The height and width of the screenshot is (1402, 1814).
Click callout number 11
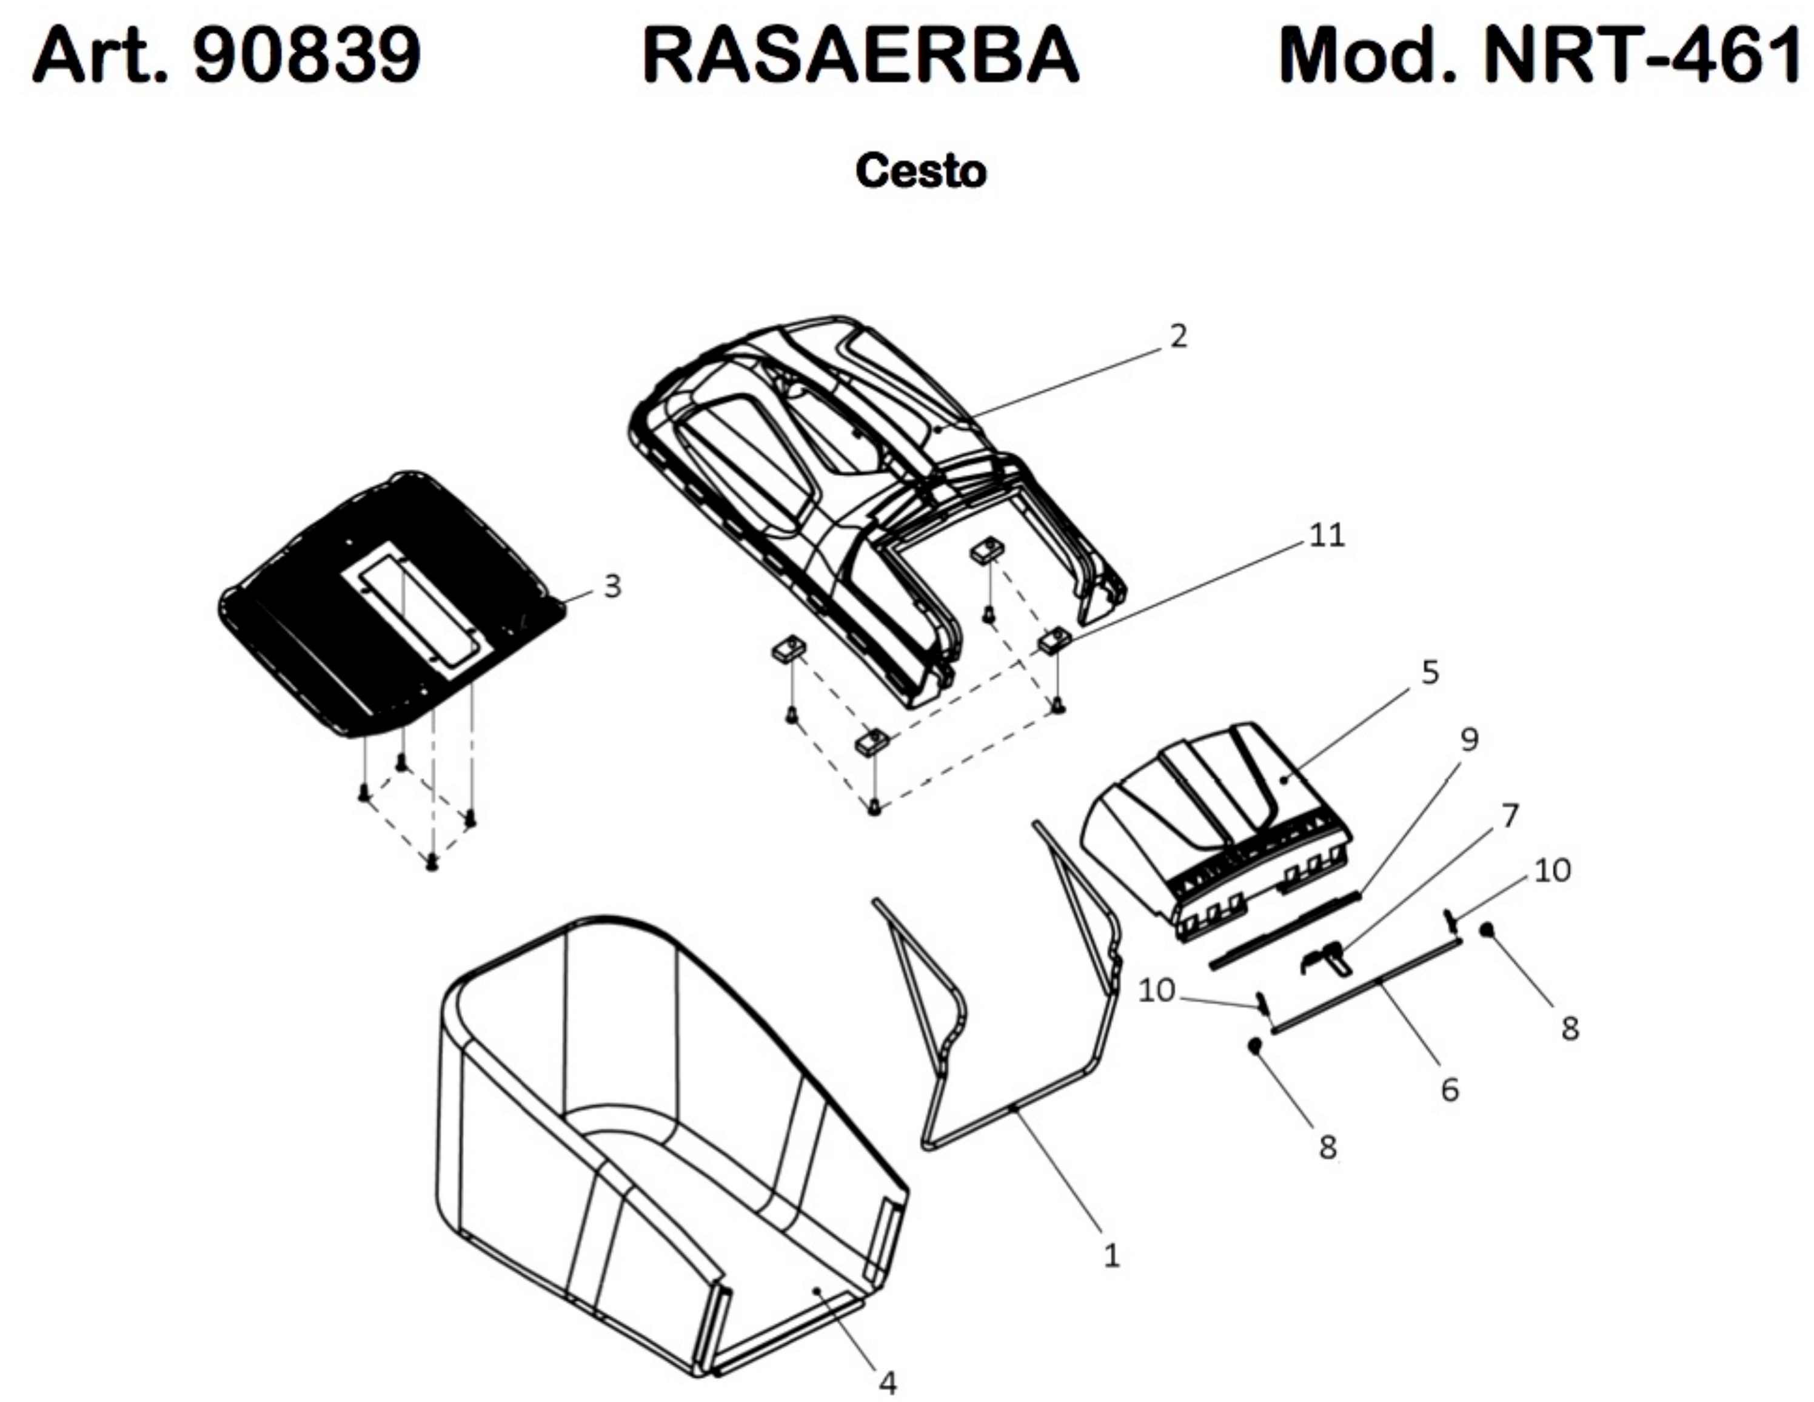click(x=1327, y=535)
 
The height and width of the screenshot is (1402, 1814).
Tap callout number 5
click(x=1430, y=672)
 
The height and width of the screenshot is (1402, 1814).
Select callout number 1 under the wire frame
click(x=1111, y=1256)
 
